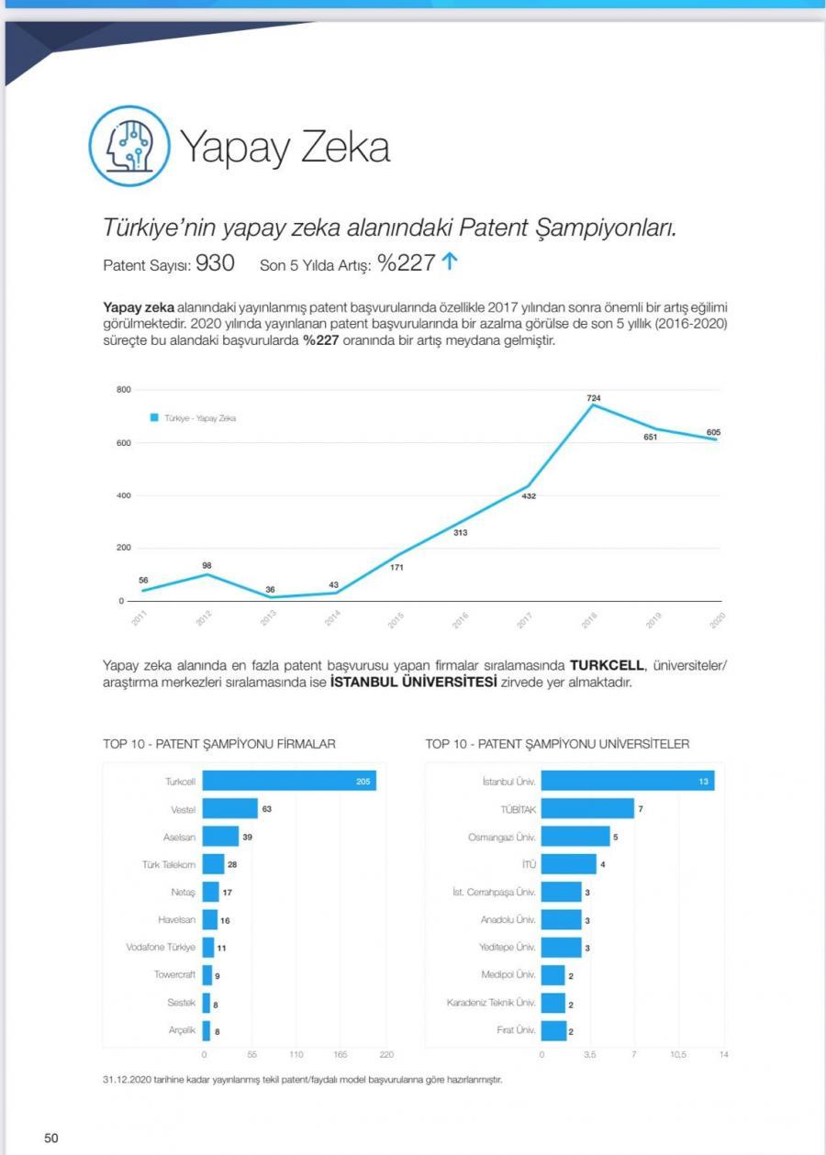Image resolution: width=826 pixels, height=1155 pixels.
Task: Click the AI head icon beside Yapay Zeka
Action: tap(129, 147)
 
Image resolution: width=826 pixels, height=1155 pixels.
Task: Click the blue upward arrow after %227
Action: tap(449, 262)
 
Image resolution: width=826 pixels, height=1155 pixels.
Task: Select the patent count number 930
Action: tap(215, 263)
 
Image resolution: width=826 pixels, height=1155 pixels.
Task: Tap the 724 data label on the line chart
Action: tap(594, 397)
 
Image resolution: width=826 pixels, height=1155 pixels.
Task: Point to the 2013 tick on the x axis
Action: tap(268, 620)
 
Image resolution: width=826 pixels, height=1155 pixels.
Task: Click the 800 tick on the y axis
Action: tap(124, 391)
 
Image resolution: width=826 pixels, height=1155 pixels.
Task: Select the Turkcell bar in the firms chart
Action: tap(289, 781)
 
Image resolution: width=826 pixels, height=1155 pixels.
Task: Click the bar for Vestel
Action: tap(229, 808)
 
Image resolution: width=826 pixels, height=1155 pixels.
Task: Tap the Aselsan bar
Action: tap(220, 836)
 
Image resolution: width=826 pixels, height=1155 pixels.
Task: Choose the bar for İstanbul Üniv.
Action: tap(628, 781)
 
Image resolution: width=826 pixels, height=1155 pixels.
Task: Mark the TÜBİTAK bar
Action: tap(587, 808)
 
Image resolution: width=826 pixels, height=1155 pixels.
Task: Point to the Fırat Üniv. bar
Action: tap(553, 1030)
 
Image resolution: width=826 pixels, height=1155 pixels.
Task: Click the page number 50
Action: tap(51, 1138)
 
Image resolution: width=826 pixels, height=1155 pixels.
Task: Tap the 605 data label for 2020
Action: tap(713, 431)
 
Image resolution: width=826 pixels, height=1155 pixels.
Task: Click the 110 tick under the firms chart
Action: tap(296, 1055)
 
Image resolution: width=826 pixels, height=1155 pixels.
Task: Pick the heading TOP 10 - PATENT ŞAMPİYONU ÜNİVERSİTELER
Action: tap(557, 744)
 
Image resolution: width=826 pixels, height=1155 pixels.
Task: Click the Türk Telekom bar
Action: tap(213, 864)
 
